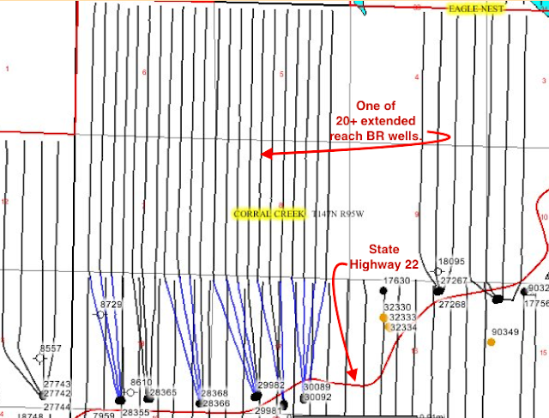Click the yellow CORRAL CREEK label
pos(268,214)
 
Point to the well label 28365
pos(163,392)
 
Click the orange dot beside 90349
pos(492,342)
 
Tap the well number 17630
pos(396,281)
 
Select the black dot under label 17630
pos(383,292)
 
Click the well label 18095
pos(450,261)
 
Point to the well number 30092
pos(317,397)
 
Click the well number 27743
pos(57,384)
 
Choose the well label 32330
pos(400,307)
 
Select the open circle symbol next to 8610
pos(130,392)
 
